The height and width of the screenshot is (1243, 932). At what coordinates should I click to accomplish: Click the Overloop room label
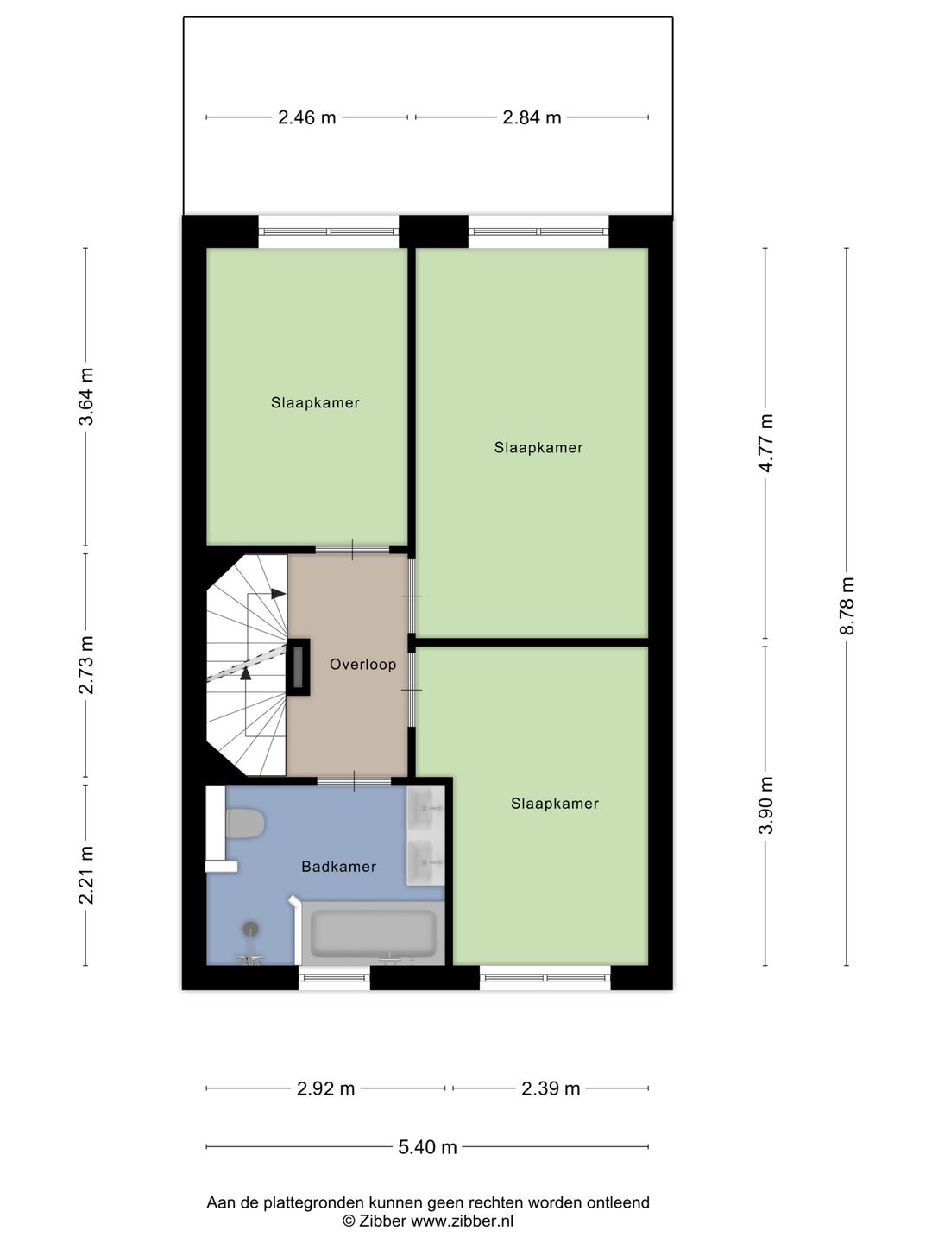tap(362, 665)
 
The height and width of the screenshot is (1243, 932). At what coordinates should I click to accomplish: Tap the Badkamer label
tap(338, 867)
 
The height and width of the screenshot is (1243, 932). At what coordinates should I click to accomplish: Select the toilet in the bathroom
tap(245, 823)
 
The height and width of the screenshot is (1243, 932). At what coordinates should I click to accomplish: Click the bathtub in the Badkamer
tap(373, 933)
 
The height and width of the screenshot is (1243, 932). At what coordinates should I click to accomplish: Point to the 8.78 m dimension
tap(847, 606)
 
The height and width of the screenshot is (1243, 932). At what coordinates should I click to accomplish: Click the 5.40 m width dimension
tap(427, 1146)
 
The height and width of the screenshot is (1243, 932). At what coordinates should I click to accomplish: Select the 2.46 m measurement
tap(306, 117)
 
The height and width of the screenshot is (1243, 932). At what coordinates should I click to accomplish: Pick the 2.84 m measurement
tap(532, 117)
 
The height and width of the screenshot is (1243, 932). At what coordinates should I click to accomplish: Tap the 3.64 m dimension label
tap(86, 396)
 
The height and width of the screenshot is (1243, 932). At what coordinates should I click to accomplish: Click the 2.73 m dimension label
tap(86, 665)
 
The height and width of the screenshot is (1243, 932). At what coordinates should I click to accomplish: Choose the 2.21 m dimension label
tap(86, 875)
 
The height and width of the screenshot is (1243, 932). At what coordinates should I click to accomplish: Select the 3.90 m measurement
tap(765, 805)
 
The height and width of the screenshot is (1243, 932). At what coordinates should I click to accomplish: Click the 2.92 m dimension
tap(326, 1088)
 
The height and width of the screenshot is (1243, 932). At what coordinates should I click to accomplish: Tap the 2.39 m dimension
tap(551, 1088)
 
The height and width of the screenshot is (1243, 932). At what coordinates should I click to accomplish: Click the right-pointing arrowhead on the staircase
tap(278, 594)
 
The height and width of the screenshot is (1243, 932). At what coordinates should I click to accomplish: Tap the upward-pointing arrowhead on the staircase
tap(245, 673)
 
